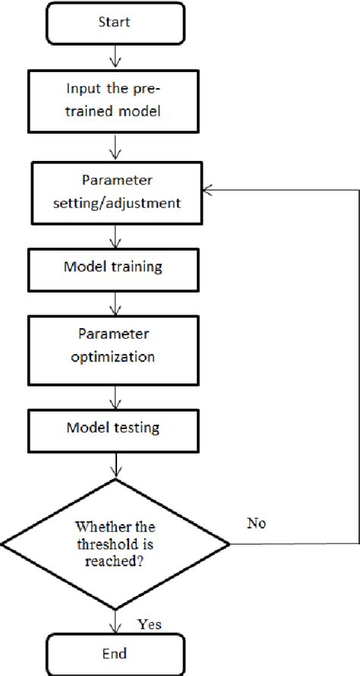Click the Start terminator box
point(115,23)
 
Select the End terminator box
point(115,653)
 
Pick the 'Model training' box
point(115,268)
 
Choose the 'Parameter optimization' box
point(115,346)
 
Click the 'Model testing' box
point(115,428)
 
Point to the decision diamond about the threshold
point(115,544)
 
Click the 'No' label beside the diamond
point(257,524)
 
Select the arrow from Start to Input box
point(115,57)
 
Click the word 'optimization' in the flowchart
point(115,355)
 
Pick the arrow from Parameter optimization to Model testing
point(115,396)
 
